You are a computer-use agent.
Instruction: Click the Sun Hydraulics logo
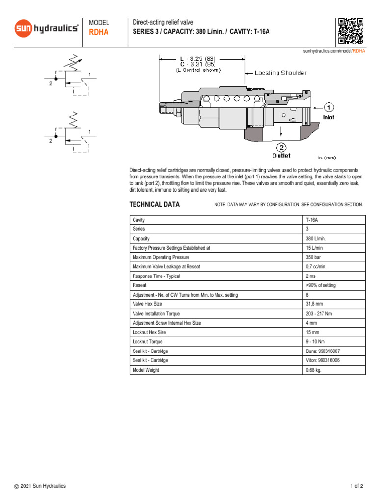click(x=46, y=29)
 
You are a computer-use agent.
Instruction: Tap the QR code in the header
click(x=350, y=30)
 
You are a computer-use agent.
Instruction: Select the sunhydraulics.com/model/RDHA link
click(x=334, y=51)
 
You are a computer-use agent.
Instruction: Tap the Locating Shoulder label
click(x=280, y=73)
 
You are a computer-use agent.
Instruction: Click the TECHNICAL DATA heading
click(x=154, y=204)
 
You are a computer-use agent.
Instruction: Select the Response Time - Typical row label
click(x=156, y=276)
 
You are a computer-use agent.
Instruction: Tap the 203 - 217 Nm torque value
click(x=320, y=314)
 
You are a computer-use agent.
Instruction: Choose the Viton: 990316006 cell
click(x=323, y=360)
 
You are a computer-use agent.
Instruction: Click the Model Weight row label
click(x=146, y=370)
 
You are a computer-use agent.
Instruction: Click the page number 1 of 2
click(x=356, y=486)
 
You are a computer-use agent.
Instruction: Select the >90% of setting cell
click(x=321, y=285)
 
